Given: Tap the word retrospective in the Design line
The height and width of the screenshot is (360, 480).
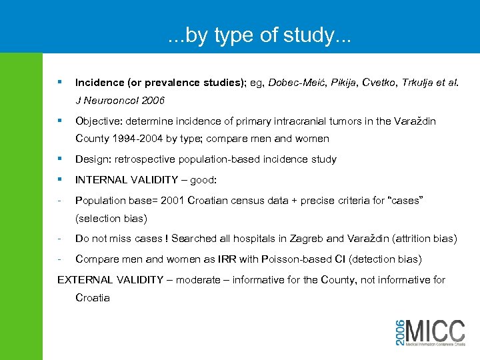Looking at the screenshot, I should (145, 159).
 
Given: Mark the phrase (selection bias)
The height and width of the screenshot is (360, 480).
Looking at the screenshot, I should (111, 218).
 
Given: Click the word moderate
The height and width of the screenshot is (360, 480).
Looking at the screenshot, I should (193, 279).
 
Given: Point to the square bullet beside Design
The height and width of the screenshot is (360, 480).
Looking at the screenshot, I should (60, 159).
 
